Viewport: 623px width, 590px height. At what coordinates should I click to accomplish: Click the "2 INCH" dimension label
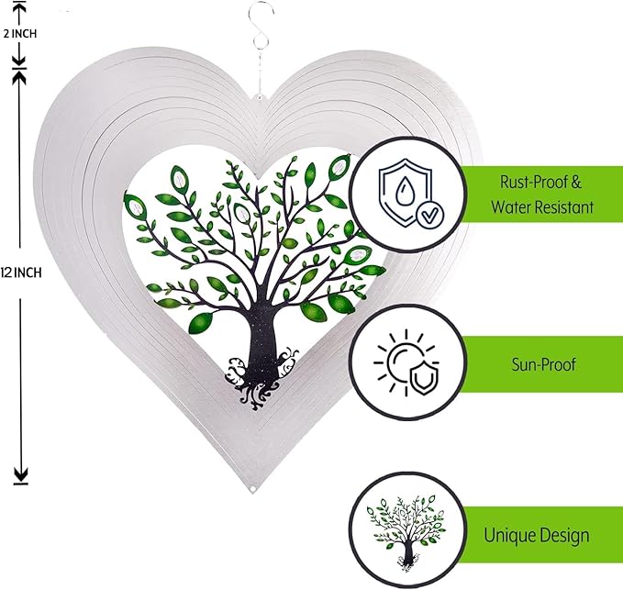20,34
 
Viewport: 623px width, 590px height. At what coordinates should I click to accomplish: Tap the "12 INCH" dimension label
22,272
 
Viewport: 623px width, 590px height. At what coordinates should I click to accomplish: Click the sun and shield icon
404,364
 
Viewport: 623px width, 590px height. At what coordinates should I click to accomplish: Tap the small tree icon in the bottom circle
404,533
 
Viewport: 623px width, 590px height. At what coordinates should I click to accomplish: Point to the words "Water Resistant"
540,207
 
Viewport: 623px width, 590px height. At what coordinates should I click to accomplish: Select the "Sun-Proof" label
544,364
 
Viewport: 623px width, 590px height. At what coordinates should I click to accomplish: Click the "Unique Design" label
537,535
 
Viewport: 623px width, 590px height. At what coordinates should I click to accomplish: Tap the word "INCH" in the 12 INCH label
29,272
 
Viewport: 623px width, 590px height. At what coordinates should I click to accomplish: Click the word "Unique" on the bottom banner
508,535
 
